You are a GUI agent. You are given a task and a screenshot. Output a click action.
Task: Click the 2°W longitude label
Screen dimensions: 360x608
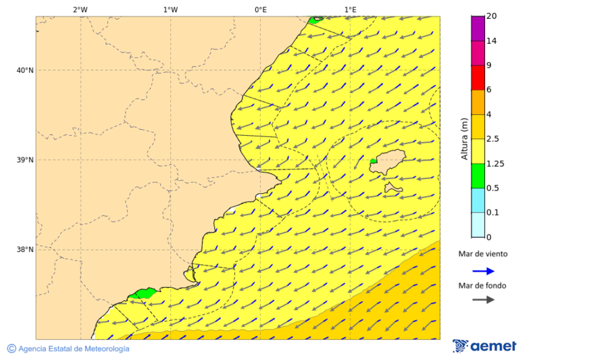tap(80, 9)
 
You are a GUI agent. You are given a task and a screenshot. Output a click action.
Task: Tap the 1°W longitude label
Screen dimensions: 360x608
tap(170, 9)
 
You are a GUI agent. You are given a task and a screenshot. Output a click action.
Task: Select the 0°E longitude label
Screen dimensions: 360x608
tap(260, 9)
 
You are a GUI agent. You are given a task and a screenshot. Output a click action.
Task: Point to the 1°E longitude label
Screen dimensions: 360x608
tap(350, 9)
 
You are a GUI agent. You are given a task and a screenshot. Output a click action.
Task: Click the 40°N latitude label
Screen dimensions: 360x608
tap(25, 70)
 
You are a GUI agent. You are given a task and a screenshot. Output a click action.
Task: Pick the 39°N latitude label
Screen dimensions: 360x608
tap(25, 160)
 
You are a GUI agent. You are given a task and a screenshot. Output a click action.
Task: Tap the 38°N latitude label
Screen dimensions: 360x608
tap(25, 250)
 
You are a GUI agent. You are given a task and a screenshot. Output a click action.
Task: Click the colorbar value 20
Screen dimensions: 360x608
tap(491, 16)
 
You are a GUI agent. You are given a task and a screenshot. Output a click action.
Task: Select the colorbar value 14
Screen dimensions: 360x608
tap(491, 41)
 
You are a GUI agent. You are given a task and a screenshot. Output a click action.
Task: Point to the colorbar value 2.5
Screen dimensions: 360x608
tap(492, 139)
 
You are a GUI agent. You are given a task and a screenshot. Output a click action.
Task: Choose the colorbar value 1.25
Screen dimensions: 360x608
tap(495, 163)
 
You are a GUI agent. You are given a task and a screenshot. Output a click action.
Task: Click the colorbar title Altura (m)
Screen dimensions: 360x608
tap(464, 138)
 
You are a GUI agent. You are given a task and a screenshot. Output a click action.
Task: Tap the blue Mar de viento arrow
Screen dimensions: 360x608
tap(483, 271)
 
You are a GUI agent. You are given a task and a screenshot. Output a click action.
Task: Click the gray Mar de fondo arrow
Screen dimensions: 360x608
tap(483, 299)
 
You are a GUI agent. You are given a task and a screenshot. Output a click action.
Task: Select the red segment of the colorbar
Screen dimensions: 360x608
tap(478, 78)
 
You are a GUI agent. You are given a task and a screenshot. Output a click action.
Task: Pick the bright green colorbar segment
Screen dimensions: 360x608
tap(478, 176)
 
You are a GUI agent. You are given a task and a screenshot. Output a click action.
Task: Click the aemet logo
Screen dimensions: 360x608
tap(484, 346)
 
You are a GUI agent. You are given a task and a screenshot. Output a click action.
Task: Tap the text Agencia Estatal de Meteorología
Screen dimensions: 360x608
tap(73, 349)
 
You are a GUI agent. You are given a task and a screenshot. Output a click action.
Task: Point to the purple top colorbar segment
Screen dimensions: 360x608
tap(478, 28)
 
